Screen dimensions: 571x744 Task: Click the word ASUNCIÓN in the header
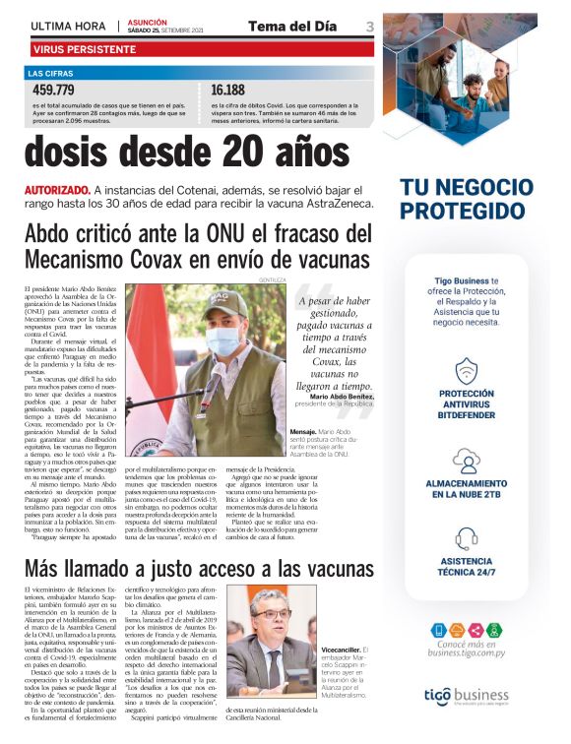(x=148, y=21)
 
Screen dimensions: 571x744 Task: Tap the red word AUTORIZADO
(x=56, y=189)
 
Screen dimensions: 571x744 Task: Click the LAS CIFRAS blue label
(x=49, y=74)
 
